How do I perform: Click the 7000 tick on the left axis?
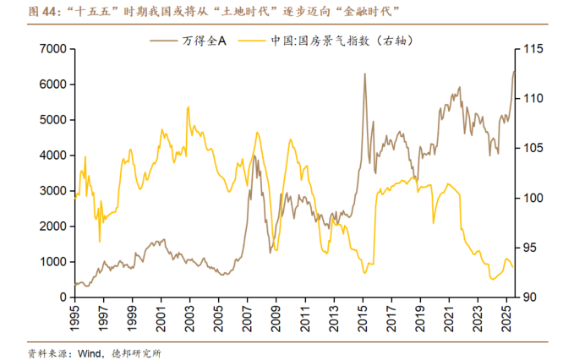pos(52,49)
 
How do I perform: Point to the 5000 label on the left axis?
pos(52,120)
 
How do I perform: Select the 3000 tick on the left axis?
pos(52,191)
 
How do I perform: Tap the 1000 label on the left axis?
pos(52,262)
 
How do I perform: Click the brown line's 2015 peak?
pos(364,74)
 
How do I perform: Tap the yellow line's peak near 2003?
pos(188,106)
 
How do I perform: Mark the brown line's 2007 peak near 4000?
pos(254,155)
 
